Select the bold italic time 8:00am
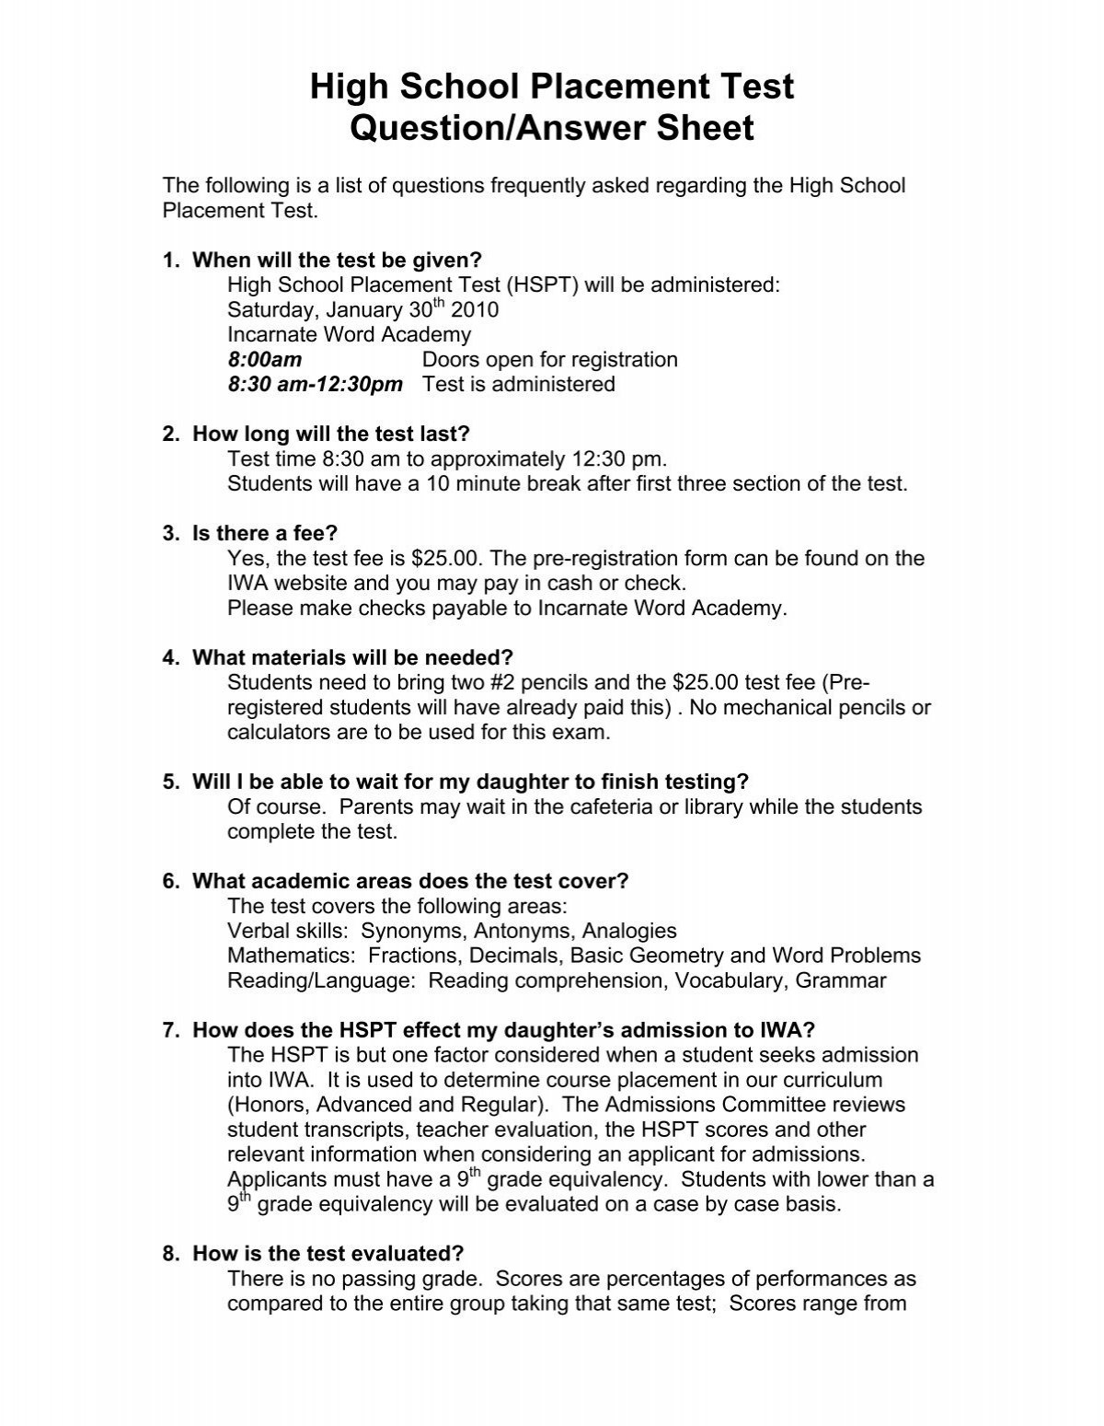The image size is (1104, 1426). point(264,360)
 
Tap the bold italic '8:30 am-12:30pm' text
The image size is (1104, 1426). point(315,385)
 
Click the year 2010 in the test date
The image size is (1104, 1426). point(476,310)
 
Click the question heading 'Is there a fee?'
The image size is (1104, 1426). point(265,533)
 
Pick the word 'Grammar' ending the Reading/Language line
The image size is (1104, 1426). point(840,980)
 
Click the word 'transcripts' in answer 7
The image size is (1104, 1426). point(351,1130)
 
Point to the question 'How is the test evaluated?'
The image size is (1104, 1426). point(328,1254)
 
